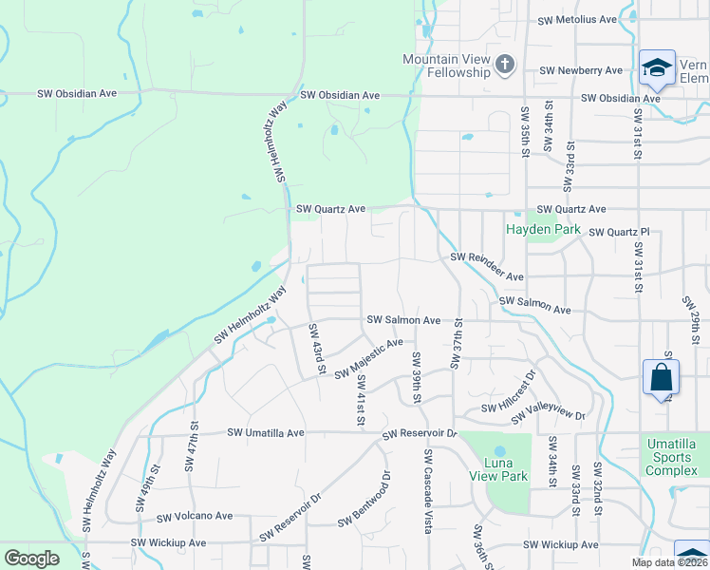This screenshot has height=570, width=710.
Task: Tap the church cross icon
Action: pyautogui.click(x=505, y=65)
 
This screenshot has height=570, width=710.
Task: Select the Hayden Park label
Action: pyautogui.click(x=543, y=230)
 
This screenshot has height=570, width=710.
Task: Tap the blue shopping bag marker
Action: pyautogui.click(x=661, y=378)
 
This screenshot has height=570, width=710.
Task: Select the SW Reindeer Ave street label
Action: pyautogui.click(x=487, y=267)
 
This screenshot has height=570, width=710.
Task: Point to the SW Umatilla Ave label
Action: pyautogui.click(x=265, y=432)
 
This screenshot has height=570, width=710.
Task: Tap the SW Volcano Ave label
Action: pyautogui.click(x=195, y=517)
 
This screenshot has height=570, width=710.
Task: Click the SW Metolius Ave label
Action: pyautogui.click(x=577, y=19)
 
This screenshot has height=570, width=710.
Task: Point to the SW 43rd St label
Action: pyautogui.click(x=317, y=349)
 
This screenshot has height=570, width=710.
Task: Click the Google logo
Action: pyautogui.click(x=31, y=559)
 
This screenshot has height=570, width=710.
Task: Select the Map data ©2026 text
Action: pyautogui.click(x=668, y=562)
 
